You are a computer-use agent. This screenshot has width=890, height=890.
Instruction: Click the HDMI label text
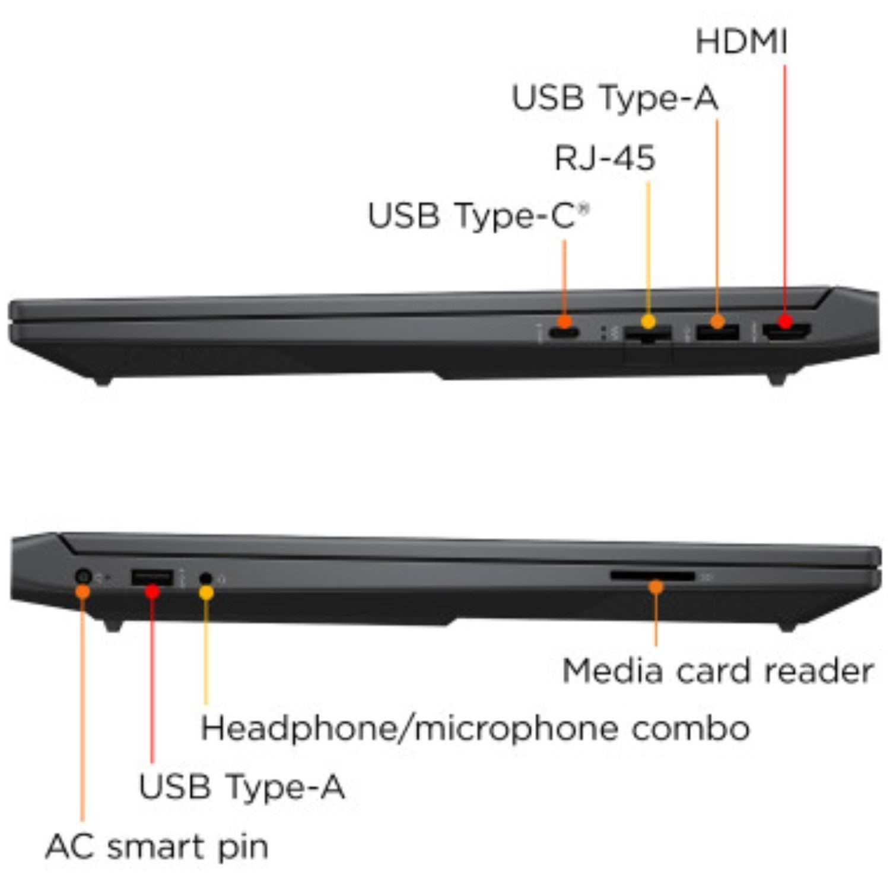click(741, 42)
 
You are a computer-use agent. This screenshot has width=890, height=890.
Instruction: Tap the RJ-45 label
click(605, 158)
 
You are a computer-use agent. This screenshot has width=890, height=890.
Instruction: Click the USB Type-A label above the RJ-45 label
click(615, 98)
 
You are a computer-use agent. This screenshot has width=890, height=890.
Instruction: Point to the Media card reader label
click(717, 672)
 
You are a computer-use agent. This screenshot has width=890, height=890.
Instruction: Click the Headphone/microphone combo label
click(475, 729)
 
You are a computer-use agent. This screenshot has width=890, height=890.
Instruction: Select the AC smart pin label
click(157, 846)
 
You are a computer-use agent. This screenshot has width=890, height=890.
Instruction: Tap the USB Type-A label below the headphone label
click(241, 787)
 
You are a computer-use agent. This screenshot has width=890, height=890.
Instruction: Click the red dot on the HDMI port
click(786, 322)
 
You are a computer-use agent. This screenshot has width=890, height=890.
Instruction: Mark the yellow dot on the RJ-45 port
click(649, 322)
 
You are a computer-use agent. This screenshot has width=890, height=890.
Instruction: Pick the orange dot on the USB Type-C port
click(565, 322)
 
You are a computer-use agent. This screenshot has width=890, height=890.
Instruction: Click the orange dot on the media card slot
click(656, 587)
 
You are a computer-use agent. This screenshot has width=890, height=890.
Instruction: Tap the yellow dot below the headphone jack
click(206, 593)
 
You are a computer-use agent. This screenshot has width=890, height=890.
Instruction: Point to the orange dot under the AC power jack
click(83, 592)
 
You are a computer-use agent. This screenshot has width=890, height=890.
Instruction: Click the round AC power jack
click(84, 576)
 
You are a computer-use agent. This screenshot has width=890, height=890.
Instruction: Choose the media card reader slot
click(651, 576)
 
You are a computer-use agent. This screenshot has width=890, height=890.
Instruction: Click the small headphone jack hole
click(206, 577)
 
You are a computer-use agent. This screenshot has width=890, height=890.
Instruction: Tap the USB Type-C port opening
click(563, 333)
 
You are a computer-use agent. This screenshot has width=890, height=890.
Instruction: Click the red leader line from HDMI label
click(785, 190)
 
